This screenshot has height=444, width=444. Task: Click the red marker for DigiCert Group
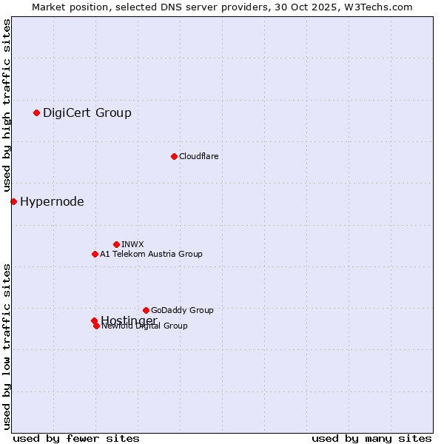pos(36,112)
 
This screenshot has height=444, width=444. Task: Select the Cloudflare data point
pos(174,156)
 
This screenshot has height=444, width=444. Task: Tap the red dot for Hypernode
pos(13,201)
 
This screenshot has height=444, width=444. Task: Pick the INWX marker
pos(116,244)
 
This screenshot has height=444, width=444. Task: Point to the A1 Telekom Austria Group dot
pos(95,254)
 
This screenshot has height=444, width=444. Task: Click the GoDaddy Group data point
pos(146,310)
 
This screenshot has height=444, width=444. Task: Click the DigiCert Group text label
pos(87,112)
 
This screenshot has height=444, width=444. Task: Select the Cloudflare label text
pos(198,156)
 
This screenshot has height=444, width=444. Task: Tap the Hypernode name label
pos(52,201)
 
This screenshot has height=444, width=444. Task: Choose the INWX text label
pos(132,244)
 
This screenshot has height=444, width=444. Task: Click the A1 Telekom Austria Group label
pos(151,254)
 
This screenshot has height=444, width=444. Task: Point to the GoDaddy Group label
pos(182,310)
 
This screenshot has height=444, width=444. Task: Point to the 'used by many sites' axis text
pos(371,439)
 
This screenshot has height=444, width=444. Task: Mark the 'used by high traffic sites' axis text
pos(7,106)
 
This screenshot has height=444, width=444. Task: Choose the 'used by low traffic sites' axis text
pos(7,346)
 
